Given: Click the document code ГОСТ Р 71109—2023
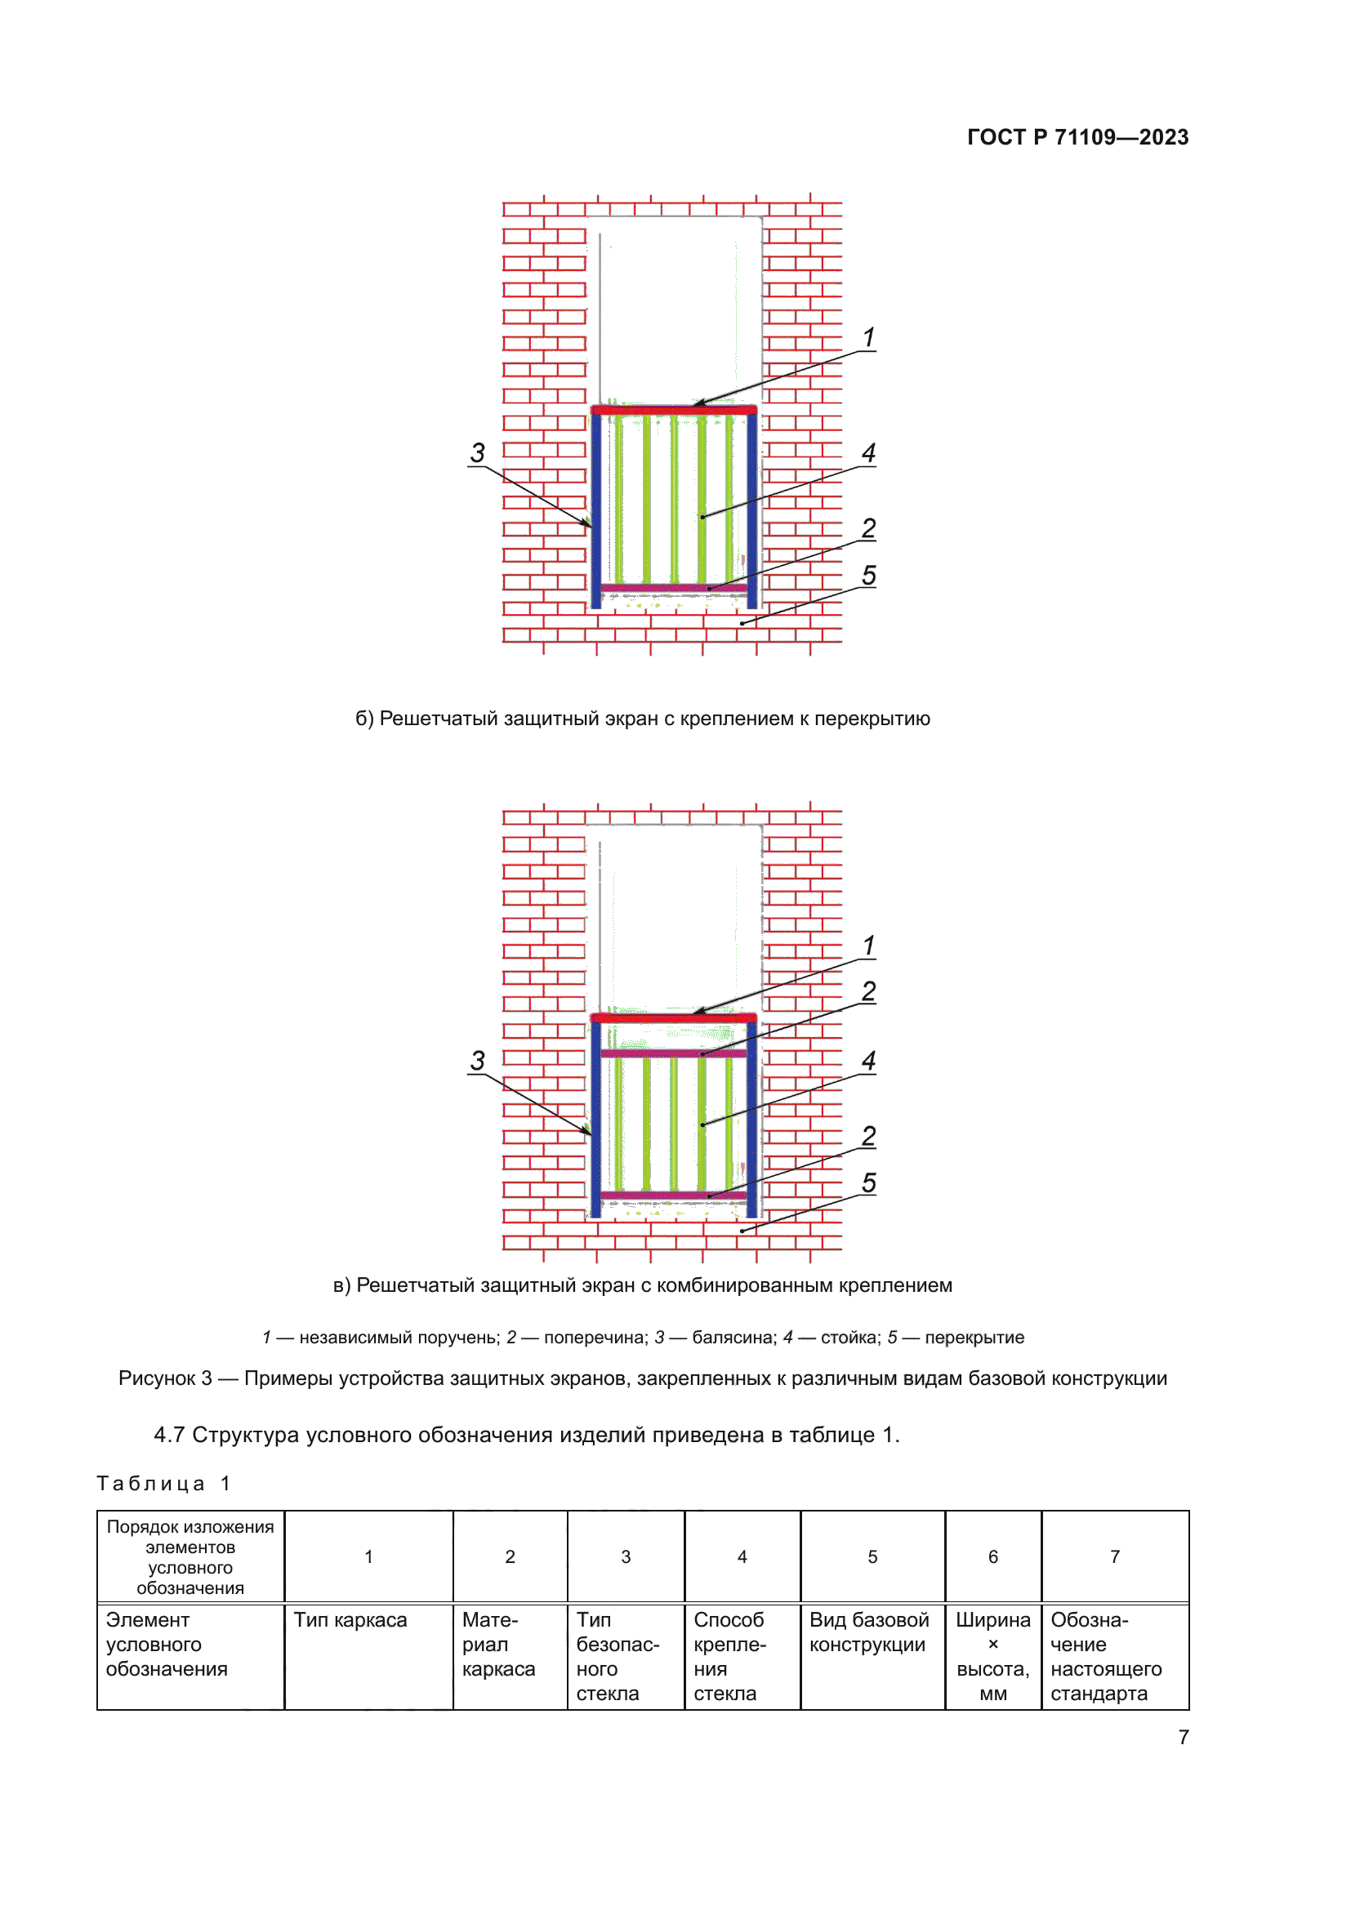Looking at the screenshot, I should (x=1077, y=137).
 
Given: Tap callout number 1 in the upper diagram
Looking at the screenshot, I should (x=868, y=338).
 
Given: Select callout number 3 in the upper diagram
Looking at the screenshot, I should (x=477, y=453).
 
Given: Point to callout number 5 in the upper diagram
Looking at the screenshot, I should (x=868, y=575).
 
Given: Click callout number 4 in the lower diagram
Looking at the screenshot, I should (x=868, y=1061).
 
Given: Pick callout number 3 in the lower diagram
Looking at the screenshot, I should (x=477, y=1061).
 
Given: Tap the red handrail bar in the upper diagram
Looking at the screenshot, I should (x=674, y=410).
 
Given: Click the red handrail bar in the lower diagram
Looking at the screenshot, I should (x=674, y=1017).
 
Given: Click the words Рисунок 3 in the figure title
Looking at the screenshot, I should (x=165, y=1378).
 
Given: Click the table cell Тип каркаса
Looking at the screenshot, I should (x=350, y=1620).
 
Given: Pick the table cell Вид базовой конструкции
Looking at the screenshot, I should (x=868, y=1632).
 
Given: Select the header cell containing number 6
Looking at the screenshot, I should (x=992, y=1556).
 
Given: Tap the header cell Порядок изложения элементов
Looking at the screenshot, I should (x=190, y=1556).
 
